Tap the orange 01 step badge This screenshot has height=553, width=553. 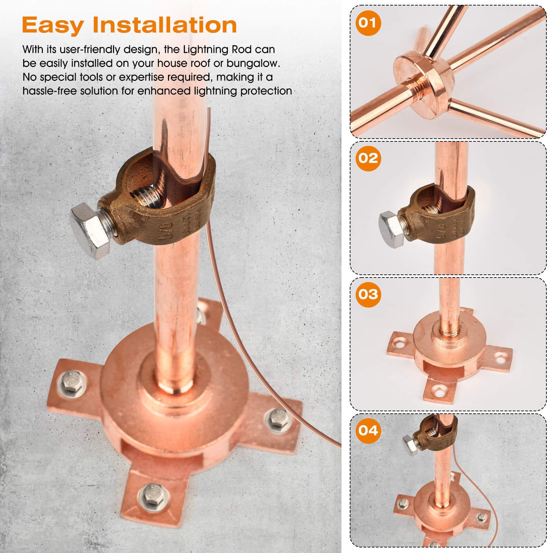368,23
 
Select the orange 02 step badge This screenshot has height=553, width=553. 368,158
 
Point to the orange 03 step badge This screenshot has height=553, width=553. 368,294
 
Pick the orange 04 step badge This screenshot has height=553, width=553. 368,431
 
